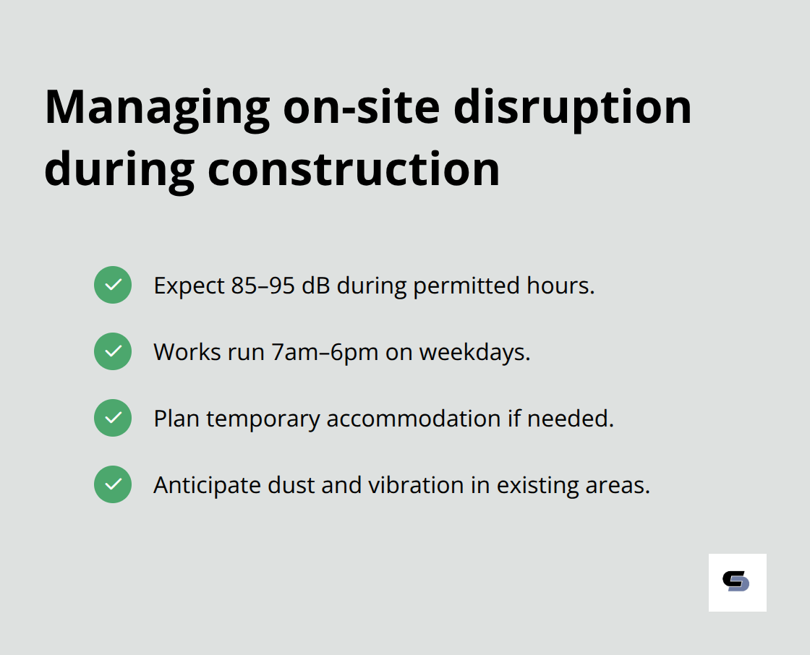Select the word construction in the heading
354,171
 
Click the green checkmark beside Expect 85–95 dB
113,285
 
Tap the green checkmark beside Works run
113,351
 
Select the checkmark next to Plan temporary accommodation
113,418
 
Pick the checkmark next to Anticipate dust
113,484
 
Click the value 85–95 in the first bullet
263,286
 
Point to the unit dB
316,286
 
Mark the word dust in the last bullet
292,485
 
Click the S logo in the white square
737,582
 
